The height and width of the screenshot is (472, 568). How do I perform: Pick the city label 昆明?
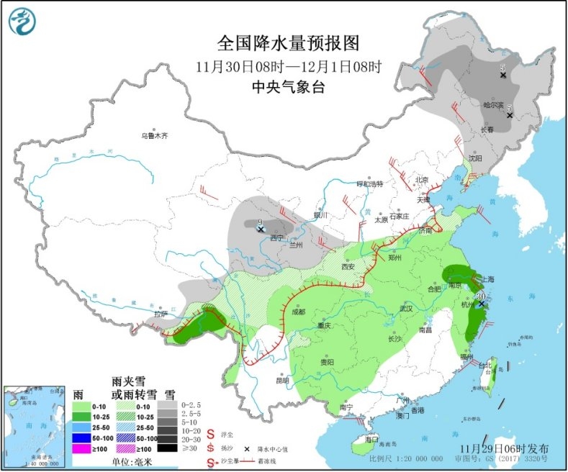[281, 380]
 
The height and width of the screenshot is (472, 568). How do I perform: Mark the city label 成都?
[299, 312]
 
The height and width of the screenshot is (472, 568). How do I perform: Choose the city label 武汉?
[407, 309]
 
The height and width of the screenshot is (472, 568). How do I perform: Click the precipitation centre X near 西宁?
[261, 229]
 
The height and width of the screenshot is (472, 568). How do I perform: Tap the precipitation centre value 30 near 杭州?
[480, 296]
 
